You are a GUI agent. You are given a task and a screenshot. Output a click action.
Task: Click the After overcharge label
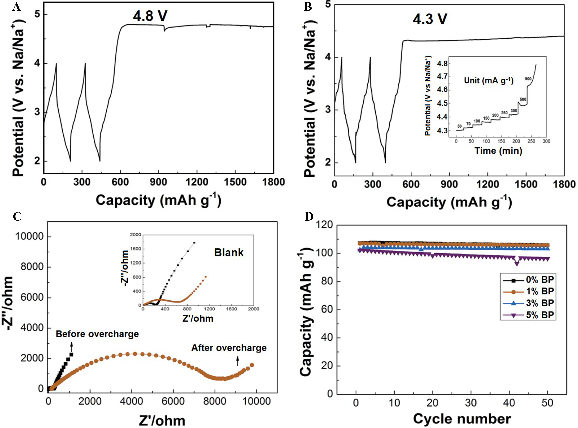[229, 348]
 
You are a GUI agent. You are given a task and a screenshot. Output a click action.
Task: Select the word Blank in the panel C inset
[229, 253]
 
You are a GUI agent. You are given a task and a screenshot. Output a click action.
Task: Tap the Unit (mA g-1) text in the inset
[489, 81]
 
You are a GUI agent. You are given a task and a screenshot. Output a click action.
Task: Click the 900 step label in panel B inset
[528, 79]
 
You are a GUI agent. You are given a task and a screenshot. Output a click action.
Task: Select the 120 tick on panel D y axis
[324, 225]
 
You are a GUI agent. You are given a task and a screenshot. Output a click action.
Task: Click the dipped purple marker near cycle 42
[517, 264]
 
